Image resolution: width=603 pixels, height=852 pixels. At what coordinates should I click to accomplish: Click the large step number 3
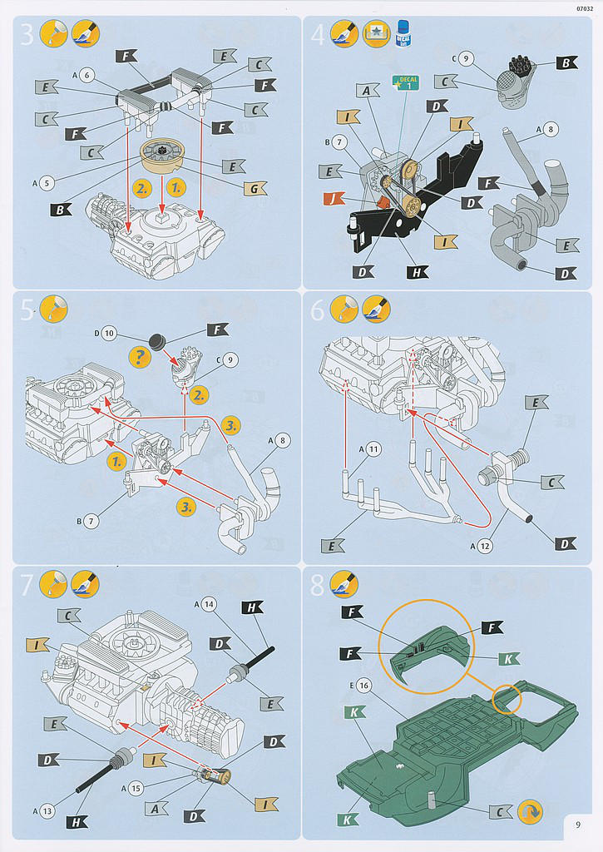(27, 34)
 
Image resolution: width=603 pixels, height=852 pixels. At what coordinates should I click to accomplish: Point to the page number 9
(578, 825)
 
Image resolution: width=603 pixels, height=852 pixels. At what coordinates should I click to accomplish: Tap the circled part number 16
(364, 685)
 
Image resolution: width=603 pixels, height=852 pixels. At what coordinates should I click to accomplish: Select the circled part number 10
(108, 334)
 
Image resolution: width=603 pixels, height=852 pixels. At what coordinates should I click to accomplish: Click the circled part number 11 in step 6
(373, 449)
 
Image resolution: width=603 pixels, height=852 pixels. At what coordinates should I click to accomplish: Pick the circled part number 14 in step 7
(210, 604)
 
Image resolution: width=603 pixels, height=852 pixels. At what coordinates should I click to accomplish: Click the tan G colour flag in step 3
(255, 189)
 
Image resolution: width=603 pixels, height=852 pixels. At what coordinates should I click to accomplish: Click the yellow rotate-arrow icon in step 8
(530, 811)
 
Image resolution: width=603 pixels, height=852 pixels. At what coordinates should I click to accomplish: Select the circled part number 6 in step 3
(88, 75)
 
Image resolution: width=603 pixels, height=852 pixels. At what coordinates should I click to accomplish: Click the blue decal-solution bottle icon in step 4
(407, 33)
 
